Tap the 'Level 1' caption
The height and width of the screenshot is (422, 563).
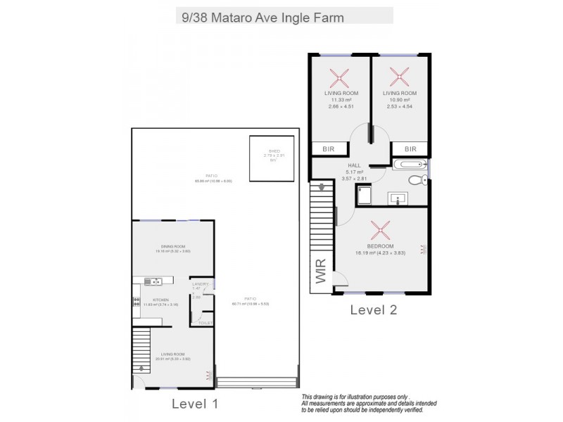pos(196,404)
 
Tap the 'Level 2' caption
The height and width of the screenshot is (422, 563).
pos(374,309)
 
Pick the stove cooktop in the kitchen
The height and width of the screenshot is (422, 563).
pos(136,303)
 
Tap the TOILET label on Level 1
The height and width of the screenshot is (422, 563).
pos(205,322)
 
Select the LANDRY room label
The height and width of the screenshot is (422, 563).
pos(199,284)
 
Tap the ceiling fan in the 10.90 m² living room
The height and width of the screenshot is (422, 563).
pos(400,75)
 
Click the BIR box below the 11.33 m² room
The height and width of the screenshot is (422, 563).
pos(329,149)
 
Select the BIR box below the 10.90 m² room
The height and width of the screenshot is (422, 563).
pos(411,149)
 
